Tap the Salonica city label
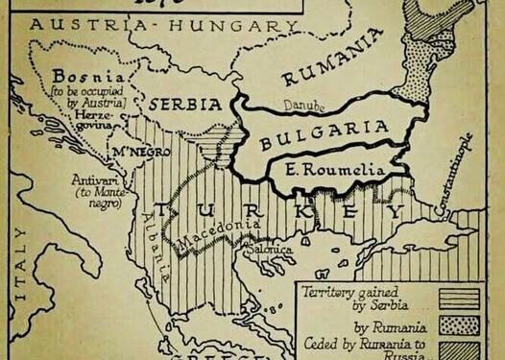coord(271,247)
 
